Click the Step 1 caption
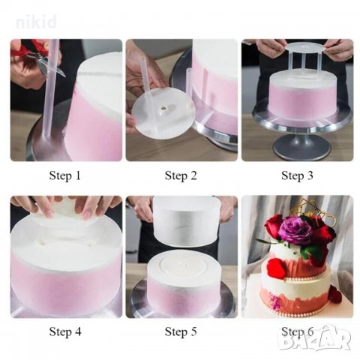point(65,175)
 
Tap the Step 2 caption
point(181,175)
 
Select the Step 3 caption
point(297,175)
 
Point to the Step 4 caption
point(65,331)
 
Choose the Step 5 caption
point(181,331)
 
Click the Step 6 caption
point(297,331)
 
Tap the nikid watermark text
point(36,22)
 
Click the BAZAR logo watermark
point(315,339)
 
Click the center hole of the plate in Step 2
point(163,109)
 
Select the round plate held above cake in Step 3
point(297,47)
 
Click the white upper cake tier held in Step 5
point(186,221)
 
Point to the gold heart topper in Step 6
point(324,220)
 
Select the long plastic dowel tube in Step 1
point(49,88)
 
